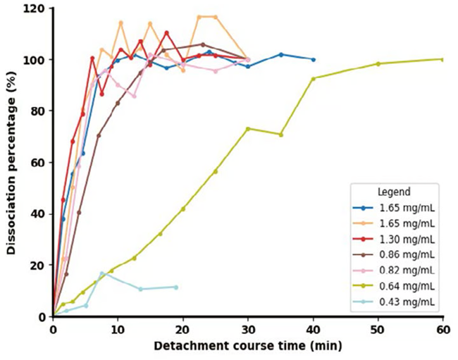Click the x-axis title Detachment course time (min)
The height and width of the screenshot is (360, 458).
click(x=247, y=346)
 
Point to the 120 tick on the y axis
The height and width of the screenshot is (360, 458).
click(x=36, y=8)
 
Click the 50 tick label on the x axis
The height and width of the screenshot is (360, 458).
click(x=378, y=329)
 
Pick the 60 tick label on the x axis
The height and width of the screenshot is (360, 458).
click(x=442, y=329)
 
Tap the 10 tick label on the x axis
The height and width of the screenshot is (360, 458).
click(x=118, y=329)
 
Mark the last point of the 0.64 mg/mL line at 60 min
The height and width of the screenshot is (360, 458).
click(x=442, y=59)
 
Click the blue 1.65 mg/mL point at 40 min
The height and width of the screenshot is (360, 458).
click(x=313, y=60)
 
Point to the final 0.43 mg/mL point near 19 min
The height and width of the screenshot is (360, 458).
click(x=175, y=287)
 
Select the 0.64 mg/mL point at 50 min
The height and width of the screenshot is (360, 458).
click(x=378, y=63)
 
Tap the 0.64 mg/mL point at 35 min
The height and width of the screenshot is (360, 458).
click(x=280, y=135)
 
